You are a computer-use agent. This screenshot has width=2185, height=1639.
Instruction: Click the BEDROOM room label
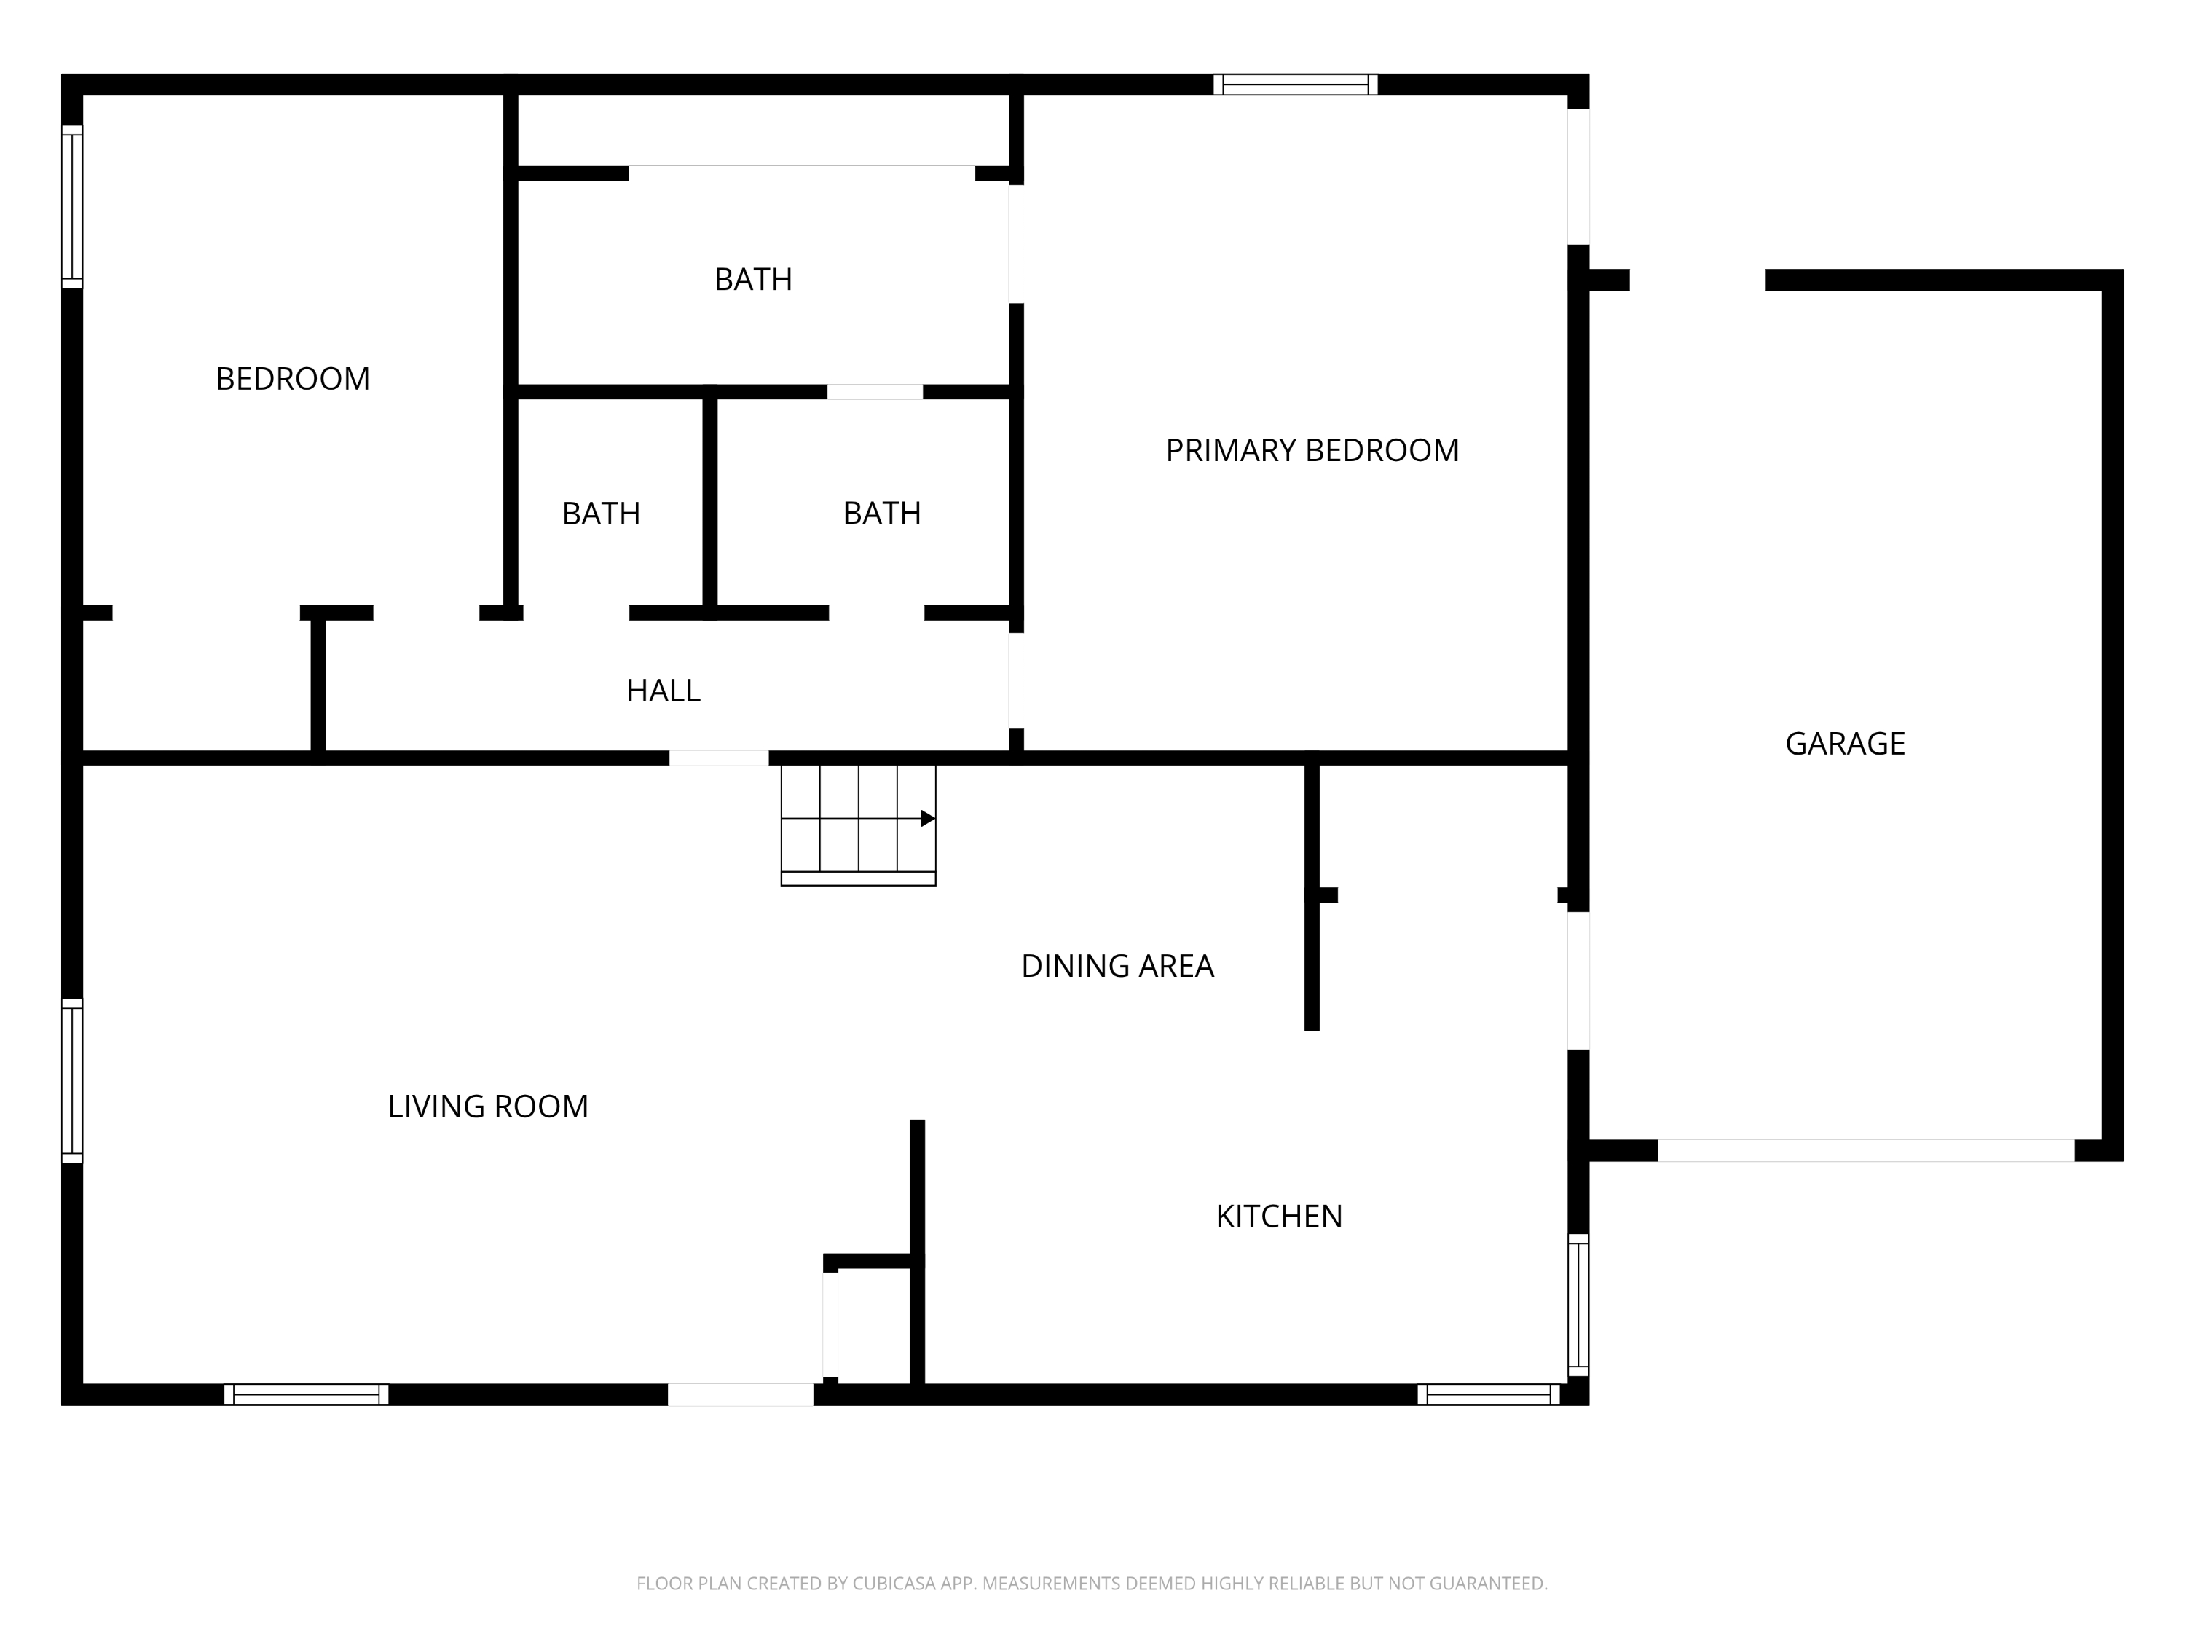(x=292, y=378)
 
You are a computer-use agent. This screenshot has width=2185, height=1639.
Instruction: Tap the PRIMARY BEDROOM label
(x=1312, y=450)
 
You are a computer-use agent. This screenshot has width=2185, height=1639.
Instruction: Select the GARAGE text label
(x=1845, y=743)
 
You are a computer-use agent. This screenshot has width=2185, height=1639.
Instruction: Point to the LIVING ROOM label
(x=488, y=1107)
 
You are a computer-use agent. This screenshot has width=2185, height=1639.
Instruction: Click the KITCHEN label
(x=1279, y=1217)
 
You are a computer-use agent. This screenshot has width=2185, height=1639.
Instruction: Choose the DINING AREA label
(x=1117, y=966)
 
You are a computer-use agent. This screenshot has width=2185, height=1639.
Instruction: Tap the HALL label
(x=664, y=691)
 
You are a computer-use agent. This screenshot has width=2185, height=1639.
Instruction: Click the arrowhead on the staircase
(x=928, y=818)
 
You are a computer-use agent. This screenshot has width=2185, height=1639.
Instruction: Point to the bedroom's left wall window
(x=72, y=206)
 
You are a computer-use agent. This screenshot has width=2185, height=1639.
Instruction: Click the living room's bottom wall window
(x=306, y=1394)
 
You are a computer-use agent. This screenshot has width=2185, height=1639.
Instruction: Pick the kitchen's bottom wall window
(x=1489, y=1394)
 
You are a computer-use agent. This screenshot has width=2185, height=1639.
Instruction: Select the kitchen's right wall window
(x=1578, y=1304)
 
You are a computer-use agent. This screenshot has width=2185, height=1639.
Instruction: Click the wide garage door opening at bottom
(x=1866, y=1150)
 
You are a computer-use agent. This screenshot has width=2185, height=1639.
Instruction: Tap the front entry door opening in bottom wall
(x=741, y=1394)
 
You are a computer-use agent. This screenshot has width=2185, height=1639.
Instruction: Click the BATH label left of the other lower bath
(x=601, y=514)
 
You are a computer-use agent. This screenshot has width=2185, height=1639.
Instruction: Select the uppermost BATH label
(x=752, y=280)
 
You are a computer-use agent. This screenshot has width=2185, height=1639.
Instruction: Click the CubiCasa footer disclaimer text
(x=1092, y=1584)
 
